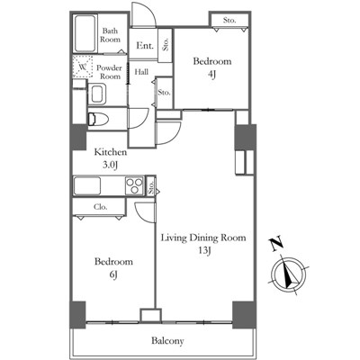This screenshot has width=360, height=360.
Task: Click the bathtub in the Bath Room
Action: (85, 34)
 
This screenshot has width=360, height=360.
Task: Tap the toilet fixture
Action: (98, 119)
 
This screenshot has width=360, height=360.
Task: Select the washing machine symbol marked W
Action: (83, 67)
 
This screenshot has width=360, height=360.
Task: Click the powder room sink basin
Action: (97, 94)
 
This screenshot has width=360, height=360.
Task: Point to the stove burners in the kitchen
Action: (134, 186)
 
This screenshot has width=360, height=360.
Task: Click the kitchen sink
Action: (87, 186)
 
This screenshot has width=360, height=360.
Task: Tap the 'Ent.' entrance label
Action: (145, 46)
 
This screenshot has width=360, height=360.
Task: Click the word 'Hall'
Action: (141, 72)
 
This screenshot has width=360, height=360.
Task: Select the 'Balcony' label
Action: (167, 341)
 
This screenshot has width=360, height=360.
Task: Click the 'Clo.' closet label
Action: (101, 207)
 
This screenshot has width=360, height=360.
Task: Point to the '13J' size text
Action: (203, 250)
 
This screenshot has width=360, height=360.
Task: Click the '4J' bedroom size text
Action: (211, 75)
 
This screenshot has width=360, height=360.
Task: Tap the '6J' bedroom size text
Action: (113, 274)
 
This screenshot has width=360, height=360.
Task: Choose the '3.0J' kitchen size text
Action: (110, 165)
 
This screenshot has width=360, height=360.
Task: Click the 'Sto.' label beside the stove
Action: (151, 186)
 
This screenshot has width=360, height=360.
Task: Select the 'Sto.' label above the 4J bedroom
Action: (229, 21)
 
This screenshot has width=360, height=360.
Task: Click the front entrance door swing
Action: (144, 15)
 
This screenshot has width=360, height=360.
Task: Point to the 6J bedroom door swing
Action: (145, 212)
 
